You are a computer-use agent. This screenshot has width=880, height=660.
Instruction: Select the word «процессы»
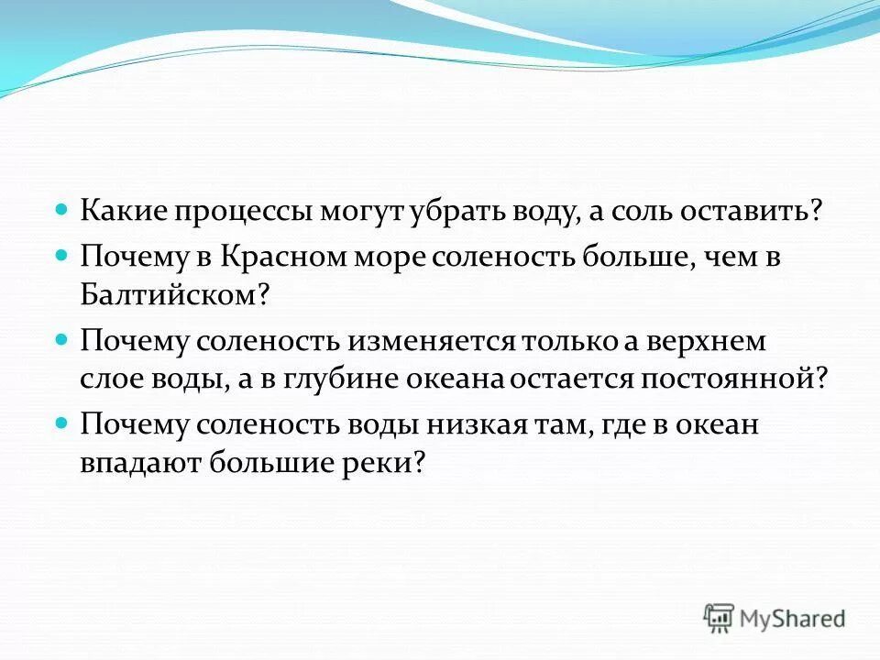click(x=239, y=212)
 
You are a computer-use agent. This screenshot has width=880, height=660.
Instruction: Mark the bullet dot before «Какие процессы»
click(x=62, y=209)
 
